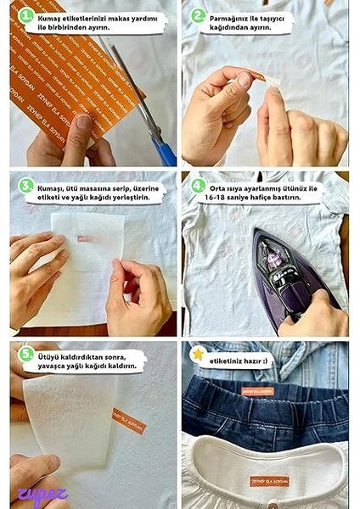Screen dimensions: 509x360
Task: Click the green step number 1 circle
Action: pos(26,16)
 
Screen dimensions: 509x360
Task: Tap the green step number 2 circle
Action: pos(199,16)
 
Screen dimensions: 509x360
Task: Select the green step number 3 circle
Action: pos(26,185)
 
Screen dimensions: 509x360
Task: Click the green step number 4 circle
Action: pos(199,185)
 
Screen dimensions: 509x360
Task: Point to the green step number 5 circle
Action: pos(26,355)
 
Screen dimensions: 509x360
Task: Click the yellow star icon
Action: pos(199,355)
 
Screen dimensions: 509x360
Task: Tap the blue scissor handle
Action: pos(166,153)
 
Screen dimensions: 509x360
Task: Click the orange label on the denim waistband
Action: pos(257,391)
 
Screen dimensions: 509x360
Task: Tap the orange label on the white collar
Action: pos(269,481)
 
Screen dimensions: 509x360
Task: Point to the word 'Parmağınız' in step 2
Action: pos(232,16)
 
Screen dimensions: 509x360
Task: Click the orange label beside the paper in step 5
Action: pos(129,420)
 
